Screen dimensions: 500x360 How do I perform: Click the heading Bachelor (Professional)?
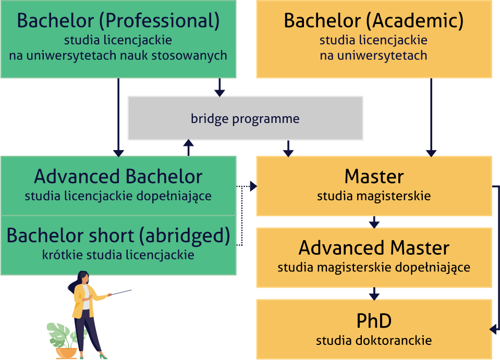(118, 21)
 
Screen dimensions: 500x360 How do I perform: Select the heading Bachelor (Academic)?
(374, 21)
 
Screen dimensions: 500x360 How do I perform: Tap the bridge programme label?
(245, 119)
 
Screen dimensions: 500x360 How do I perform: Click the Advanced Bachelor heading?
(118, 177)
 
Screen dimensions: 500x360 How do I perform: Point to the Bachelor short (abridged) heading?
(118, 236)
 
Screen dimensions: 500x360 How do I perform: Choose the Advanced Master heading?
(374, 248)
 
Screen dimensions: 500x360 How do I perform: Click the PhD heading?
(374, 320)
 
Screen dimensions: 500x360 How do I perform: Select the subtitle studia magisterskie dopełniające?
(374, 267)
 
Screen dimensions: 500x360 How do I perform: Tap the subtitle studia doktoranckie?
(374, 341)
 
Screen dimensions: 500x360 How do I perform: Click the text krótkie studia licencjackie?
(118, 255)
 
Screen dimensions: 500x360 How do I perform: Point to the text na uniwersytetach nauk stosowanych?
(118, 55)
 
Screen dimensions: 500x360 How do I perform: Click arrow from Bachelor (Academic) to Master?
(431, 117)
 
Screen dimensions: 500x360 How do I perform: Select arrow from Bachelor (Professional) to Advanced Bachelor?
(118, 117)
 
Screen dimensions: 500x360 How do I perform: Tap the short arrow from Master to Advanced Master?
(374, 222)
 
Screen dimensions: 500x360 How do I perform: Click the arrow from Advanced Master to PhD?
(374, 294)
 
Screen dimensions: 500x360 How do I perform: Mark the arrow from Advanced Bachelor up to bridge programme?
(188, 147)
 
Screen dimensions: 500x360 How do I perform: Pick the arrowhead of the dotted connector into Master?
(253, 187)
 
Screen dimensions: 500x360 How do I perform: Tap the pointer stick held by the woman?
(120, 292)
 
